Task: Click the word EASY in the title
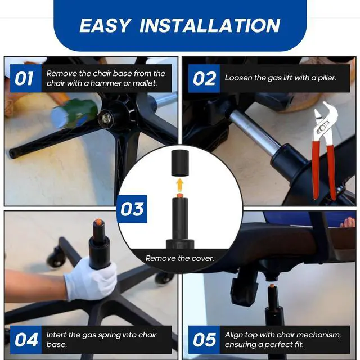(x=105, y=25)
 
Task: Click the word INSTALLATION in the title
(x=210, y=25)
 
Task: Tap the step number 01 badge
(x=26, y=79)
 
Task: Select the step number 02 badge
(x=204, y=79)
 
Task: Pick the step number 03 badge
(x=132, y=209)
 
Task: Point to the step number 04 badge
(x=26, y=340)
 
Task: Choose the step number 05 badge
(x=204, y=340)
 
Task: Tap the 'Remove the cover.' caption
(x=180, y=259)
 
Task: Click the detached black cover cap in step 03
(x=180, y=163)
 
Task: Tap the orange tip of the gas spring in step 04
(x=98, y=222)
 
